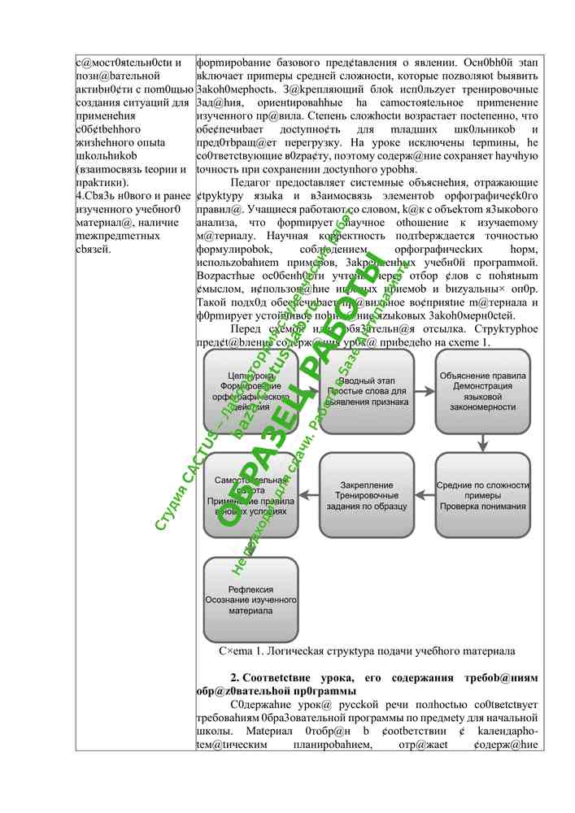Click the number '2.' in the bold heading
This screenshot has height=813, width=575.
235,678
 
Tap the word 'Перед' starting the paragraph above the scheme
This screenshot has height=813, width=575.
248,329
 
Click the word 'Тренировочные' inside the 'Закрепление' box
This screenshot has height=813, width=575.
367,495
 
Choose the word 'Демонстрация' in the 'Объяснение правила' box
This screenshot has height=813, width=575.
482,386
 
